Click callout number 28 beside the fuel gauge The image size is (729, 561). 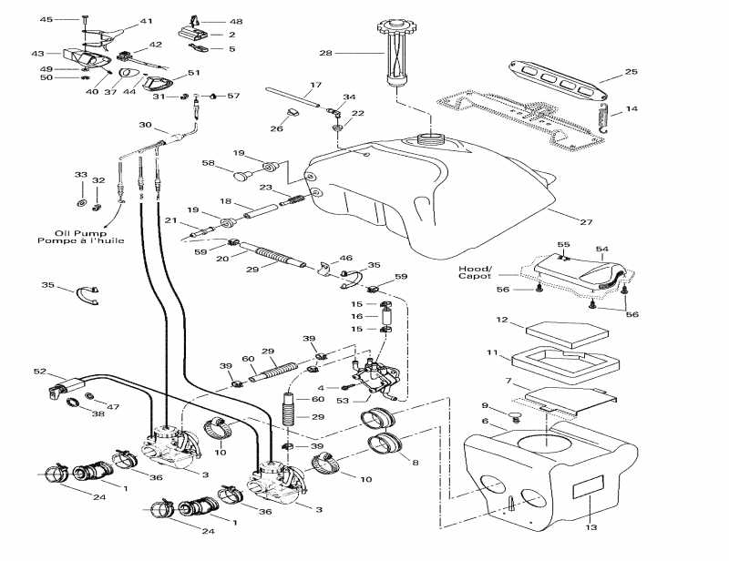(x=325, y=54)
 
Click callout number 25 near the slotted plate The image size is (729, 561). (x=631, y=71)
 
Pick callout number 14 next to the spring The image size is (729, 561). (x=631, y=110)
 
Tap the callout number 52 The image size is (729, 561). (x=39, y=371)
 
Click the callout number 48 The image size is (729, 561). (x=236, y=21)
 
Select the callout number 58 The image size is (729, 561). (x=208, y=163)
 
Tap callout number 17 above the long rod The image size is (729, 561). (x=315, y=85)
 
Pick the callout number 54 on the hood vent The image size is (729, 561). (x=601, y=249)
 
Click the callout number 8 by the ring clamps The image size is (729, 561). (x=416, y=463)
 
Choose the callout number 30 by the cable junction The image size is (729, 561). (x=145, y=125)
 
